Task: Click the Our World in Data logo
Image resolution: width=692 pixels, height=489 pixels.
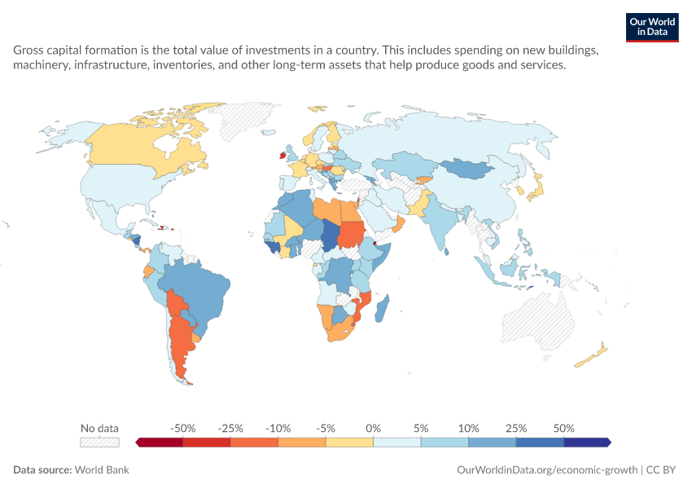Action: coord(652,28)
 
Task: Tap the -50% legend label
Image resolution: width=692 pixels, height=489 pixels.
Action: coord(182,429)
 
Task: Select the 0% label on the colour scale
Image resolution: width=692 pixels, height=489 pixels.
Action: coord(373,429)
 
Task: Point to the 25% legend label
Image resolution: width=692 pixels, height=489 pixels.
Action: coord(516,429)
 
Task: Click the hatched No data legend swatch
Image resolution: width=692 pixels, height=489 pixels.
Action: coord(100,443)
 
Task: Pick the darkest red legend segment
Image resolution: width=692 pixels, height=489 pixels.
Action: coord(159,443)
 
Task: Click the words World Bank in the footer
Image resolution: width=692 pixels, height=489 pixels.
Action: coord(102,469)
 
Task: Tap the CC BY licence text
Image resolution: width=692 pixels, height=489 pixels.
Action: coord(661,469)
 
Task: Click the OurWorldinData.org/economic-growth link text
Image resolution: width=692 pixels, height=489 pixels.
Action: coord(547,469)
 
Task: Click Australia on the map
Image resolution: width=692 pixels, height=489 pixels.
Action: coord(538,320)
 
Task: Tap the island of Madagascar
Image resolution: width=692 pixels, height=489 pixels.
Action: coord(382,308)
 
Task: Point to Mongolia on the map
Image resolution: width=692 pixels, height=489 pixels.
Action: coord(467,169)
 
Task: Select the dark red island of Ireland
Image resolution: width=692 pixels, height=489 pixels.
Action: coord(282,155)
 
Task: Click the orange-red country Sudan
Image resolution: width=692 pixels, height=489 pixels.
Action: coord(351,234)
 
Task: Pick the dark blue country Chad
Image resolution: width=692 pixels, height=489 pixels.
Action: coord(330,235)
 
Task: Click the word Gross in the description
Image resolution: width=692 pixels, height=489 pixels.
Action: coord(28,50)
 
